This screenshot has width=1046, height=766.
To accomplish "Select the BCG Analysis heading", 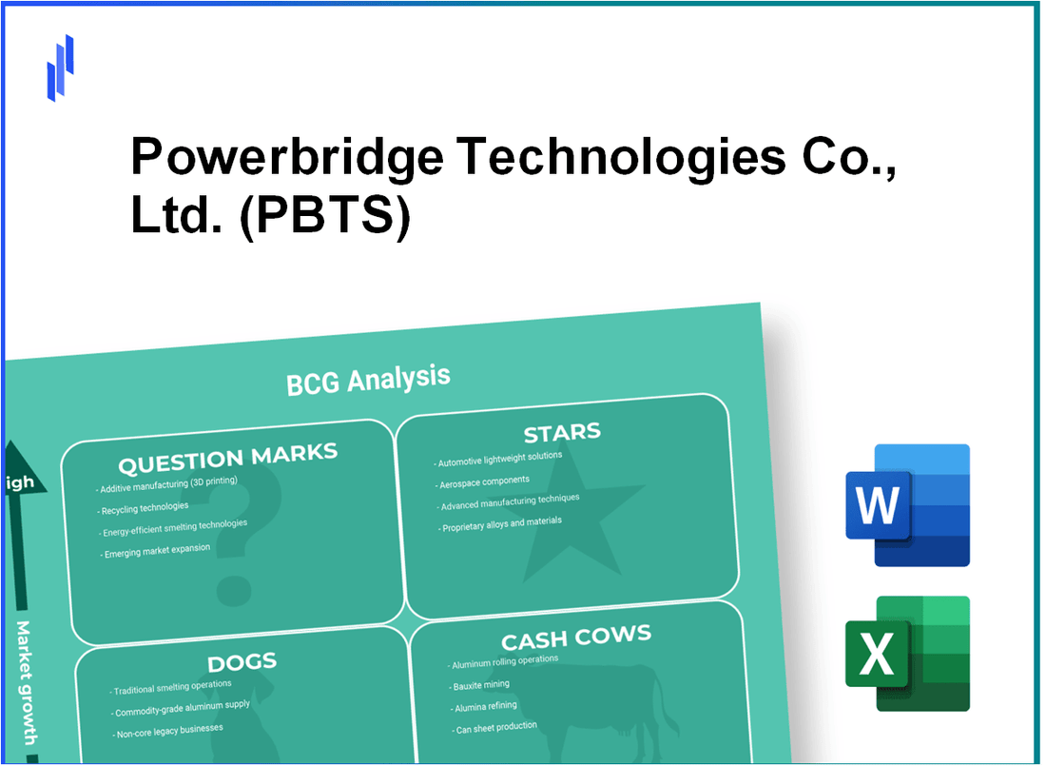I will pos(368,379).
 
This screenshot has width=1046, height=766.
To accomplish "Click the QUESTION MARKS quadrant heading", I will pos(227,460).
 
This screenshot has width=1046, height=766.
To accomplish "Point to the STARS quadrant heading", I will pos(562,434).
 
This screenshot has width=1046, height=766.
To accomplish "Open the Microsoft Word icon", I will pos(907,505).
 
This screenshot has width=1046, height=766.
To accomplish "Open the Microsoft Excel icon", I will pos(907,654).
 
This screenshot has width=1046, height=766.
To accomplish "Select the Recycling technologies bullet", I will pos(144,507).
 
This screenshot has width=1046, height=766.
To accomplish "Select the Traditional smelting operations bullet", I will pos(171,686).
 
